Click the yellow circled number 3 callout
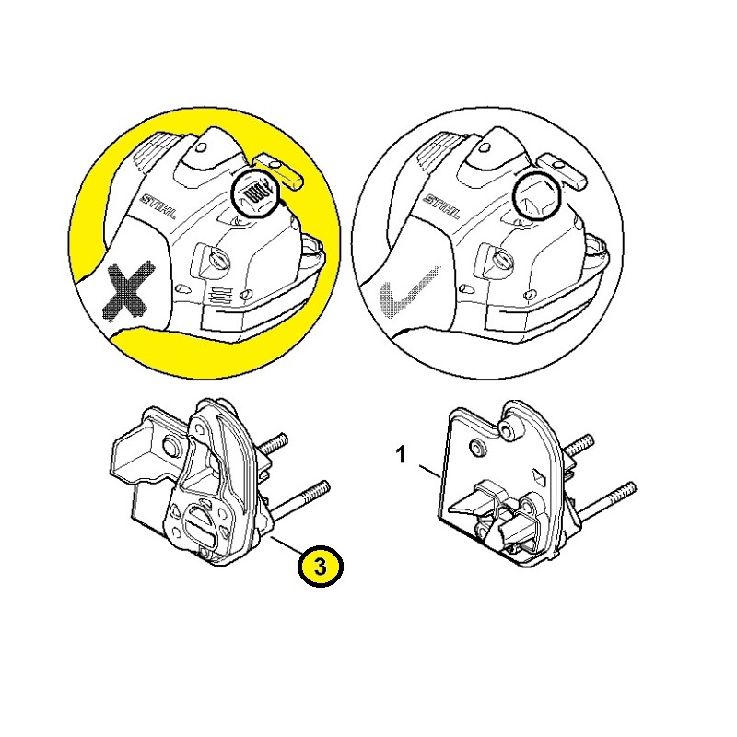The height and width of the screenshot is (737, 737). (x=320, y=567)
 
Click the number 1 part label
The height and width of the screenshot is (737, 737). (x=401, y=455)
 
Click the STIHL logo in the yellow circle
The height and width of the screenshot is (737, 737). (x=158, y=206)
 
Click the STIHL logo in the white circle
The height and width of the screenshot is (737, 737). (x=442, y=206)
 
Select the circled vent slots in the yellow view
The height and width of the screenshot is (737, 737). (x=256, y=193)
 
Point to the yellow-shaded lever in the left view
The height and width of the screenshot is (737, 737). (x=279, y=172)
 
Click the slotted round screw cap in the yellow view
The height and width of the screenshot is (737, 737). (x=218, y=260)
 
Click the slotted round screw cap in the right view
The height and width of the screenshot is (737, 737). (x=501, y=260)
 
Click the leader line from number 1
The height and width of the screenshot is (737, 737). (x=430, y=471)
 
